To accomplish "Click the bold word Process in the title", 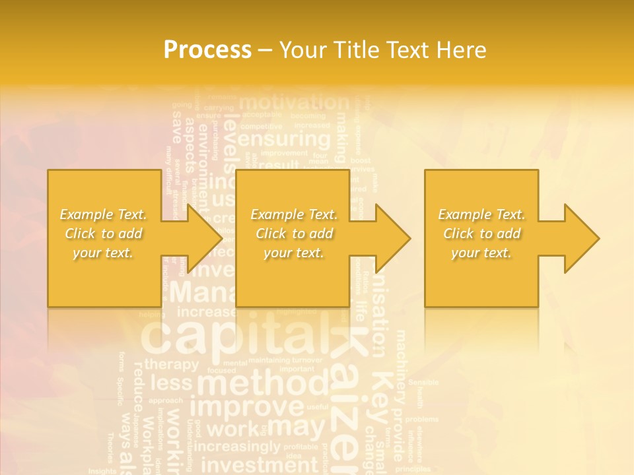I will pos(207,49).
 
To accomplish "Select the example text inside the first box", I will pos(103,234).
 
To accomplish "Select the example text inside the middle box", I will pos(293,234).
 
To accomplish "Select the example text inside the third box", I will pos(481,234).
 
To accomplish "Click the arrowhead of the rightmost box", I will pos(581,238).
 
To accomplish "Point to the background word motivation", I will pos(293,103).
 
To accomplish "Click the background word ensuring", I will pos(284,140).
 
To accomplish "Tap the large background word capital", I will pos(234,336).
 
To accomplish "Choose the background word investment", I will pos(259,465).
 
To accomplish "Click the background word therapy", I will pos(171,364).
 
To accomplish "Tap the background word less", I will pos(171,383).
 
